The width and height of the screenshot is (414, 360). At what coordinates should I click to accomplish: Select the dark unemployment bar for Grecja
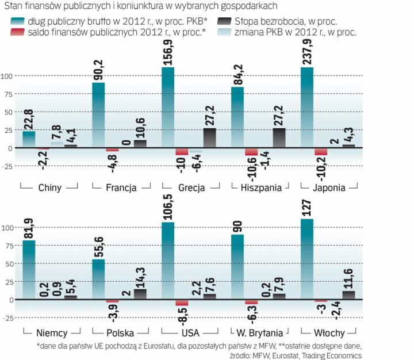(210, 138)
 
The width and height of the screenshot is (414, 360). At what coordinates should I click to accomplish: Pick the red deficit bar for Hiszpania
(251, 152)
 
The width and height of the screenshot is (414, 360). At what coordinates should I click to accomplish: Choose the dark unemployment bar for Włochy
(348, 295)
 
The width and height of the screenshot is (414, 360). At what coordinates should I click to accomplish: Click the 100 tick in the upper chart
(7, 76)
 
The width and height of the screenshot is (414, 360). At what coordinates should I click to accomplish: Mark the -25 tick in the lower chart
(7, 317)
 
